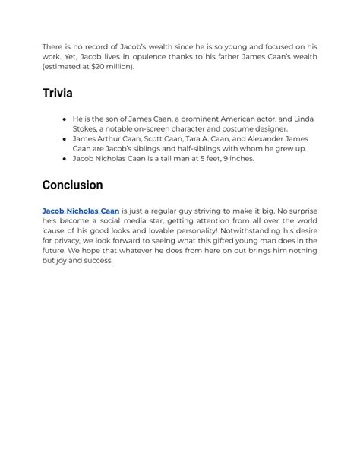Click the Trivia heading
click(x=58, y=94)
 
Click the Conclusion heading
click(x=72, y=185)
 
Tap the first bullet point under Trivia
click(x=65, y=119)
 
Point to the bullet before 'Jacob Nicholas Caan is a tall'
click(x=65, y=159)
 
